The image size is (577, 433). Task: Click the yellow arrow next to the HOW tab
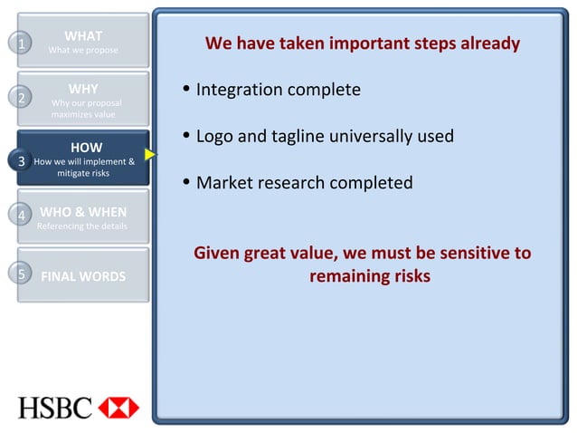(x=150, y=155)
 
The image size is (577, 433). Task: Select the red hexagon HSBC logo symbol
(x=118, y=408)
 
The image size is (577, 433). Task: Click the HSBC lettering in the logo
(x=55, y=408)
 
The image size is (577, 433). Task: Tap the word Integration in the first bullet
(x=240, y=91)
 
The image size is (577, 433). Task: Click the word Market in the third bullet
(x=224, y=183)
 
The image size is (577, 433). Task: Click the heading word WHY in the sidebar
(x=83, y=89)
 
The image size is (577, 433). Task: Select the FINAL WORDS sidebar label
(x=83, y=276)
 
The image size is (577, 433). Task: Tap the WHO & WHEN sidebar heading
(x=83, y=212)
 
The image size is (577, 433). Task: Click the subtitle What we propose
(x=83, y=50)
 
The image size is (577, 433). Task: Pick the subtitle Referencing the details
(x=82, y=226)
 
